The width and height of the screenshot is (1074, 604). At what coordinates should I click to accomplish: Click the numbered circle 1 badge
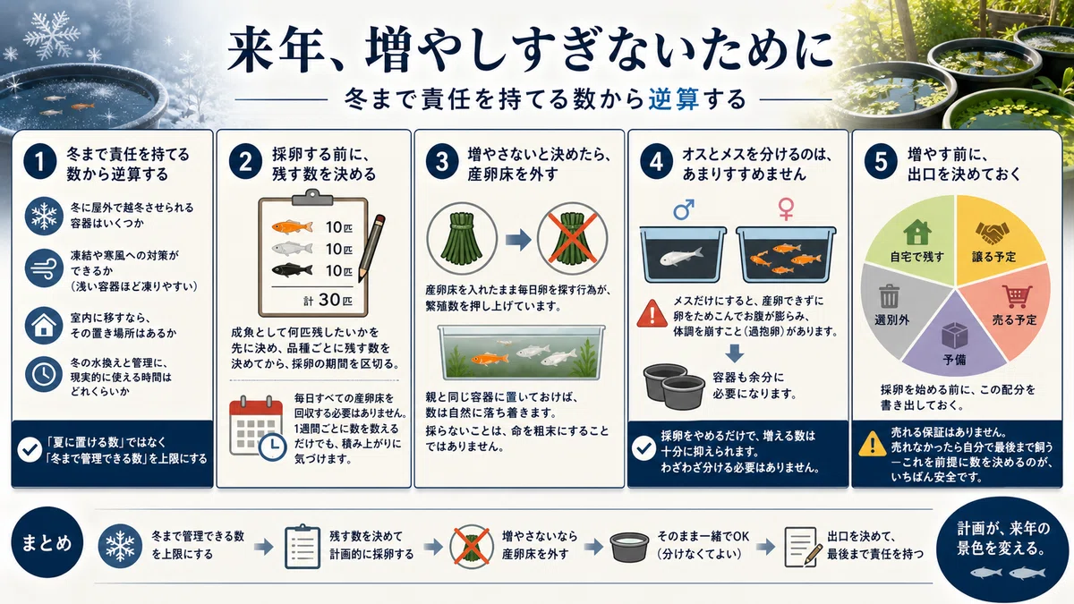point(40,163)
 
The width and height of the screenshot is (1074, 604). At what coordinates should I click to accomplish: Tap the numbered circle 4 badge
point(656,163)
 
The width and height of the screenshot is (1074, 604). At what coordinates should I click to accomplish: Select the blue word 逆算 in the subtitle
point(674,99)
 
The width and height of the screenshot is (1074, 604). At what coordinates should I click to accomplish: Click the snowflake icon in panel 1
point(44,217)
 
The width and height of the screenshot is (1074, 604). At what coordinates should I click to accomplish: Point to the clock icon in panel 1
point(44,374)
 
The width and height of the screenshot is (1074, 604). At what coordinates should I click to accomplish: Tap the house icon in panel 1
point(44,326)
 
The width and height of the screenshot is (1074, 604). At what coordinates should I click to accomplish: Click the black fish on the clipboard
point(293,270)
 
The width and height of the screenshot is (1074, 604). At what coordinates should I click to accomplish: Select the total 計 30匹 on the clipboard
point(328,300)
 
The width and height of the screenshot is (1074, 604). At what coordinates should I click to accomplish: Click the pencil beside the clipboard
point(371,247)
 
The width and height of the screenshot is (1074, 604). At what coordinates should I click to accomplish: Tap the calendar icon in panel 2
point(258,427)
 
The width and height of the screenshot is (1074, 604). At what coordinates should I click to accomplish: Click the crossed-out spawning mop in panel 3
point(572,238)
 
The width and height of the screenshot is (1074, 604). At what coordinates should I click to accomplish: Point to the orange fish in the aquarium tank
point(489,358)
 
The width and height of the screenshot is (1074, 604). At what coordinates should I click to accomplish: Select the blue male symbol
point(683,209)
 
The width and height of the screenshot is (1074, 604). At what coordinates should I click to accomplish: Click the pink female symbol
point(786,209)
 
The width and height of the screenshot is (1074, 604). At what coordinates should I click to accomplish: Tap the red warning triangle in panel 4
point(652,313)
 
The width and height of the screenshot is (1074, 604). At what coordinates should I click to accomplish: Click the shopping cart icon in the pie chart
point(1016,296)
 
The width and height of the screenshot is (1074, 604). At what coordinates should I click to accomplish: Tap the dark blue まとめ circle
point(47,543)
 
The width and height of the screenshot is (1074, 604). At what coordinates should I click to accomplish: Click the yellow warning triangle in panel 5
point(872,444)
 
